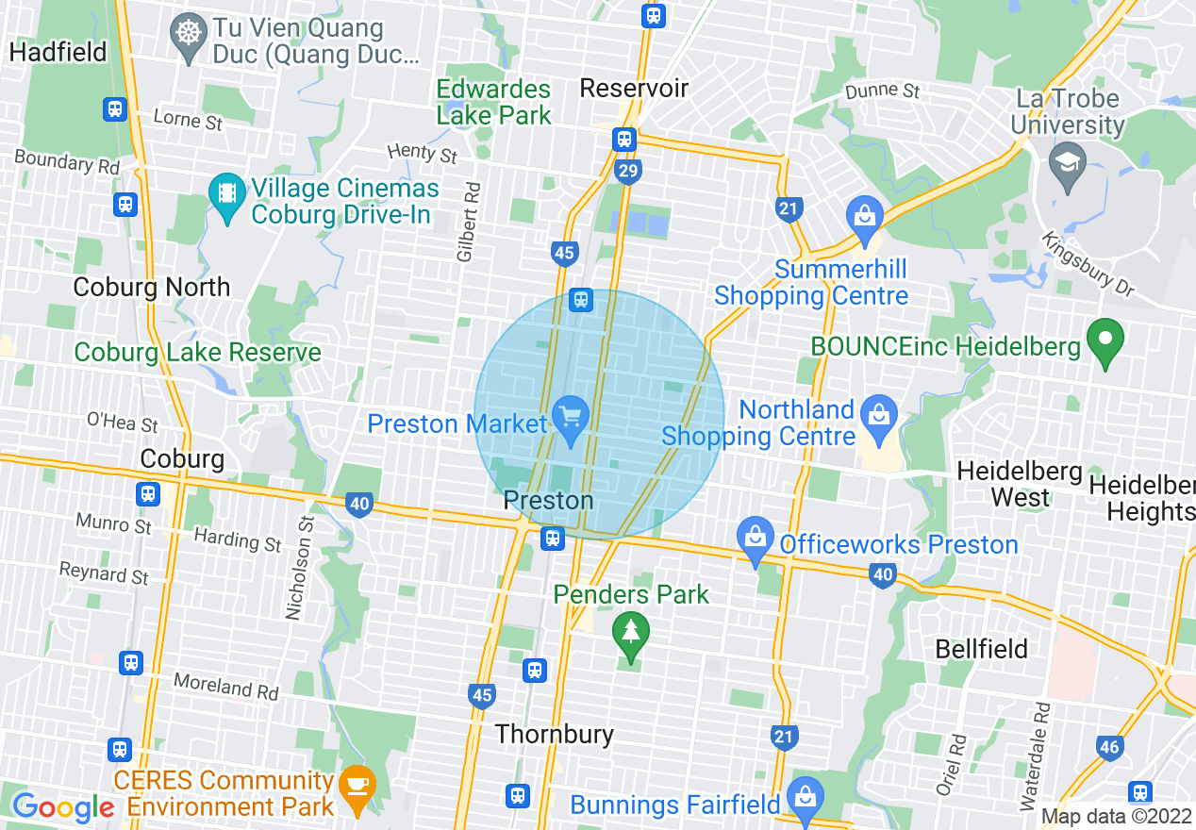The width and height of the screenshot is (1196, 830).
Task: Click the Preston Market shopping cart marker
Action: (569, 415)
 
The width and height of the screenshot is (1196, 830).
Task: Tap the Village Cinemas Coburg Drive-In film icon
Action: (226, 193)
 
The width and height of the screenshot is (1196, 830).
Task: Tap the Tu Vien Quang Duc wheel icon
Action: (190, 33)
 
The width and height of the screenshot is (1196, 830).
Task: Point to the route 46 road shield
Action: (1109, 748)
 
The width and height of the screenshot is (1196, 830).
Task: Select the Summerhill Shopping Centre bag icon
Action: (864, 216)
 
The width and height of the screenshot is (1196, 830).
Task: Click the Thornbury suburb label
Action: (554, 734)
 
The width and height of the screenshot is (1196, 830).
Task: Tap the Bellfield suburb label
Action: (981, 649)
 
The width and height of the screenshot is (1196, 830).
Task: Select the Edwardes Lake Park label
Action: (493, 103)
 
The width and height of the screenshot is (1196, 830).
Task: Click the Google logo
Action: (63, 806)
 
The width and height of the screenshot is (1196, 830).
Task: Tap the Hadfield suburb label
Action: (58, 51)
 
